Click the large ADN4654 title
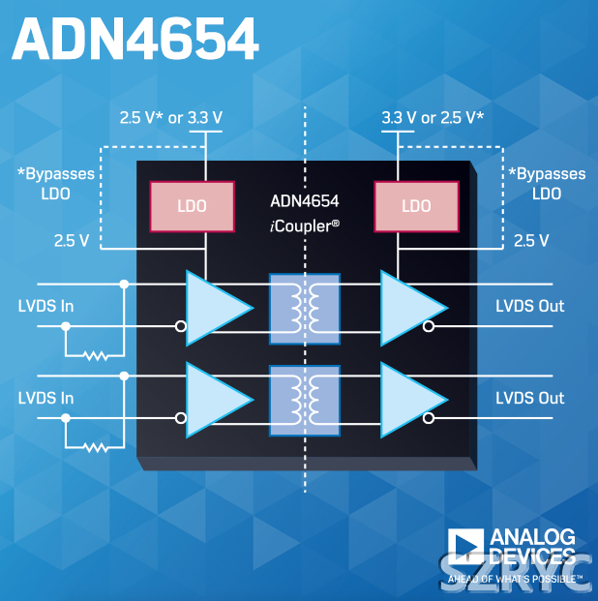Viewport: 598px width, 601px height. click(136, 40)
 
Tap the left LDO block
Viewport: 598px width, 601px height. click(192, 206)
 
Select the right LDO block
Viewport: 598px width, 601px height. click(415, 206)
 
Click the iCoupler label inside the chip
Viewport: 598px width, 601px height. click(305, 225)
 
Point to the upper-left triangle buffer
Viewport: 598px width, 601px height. click(216, 307)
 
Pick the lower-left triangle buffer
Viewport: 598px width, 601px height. click(216, 399)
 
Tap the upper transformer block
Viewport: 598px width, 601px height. click(305, 307)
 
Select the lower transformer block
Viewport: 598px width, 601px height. click(305, 399)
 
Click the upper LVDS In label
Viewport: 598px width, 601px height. click(46, 307)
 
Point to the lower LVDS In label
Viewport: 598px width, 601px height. click(46, 398)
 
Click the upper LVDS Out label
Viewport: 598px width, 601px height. click(529, 307)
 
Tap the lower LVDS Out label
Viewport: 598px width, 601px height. click(529, 398)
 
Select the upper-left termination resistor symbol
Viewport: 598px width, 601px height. click(95, 355)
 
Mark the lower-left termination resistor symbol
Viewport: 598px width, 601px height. click(95, 447)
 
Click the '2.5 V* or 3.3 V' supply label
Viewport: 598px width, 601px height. click(170, 118)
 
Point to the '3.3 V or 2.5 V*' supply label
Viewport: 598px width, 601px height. click(433, 118)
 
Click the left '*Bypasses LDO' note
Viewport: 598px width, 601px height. click(56, 183)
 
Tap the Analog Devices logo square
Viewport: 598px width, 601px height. click(465, 548)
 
